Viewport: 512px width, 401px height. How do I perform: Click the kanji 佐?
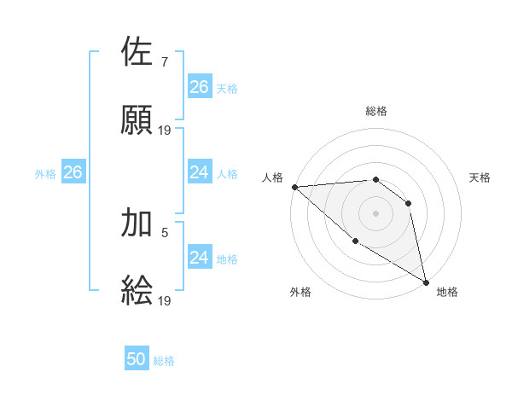coord(137,52)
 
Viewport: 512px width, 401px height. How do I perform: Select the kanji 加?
coord(137,223)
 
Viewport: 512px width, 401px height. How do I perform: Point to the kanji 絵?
coord(137,291)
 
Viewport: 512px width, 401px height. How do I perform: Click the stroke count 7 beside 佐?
coord(164,61)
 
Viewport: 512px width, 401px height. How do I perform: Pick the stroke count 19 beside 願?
coord(166,131)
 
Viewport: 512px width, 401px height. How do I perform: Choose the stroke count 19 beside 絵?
coord(166,300)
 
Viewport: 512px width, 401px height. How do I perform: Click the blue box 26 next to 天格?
coord(199,87)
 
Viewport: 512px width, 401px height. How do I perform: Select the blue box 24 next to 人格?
coord(199,172)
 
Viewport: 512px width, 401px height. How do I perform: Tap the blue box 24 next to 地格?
coord(199,258)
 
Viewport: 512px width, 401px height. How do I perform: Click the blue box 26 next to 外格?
coord(73,172)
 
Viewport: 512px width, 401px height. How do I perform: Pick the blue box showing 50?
coord(137,359)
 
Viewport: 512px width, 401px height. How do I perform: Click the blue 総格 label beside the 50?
coord(164,361)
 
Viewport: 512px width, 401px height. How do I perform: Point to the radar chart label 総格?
coord(376,111)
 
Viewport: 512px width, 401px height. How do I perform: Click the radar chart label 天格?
coord(480,177)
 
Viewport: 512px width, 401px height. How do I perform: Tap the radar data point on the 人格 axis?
coord(294,187)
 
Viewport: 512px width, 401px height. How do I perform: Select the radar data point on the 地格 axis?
coord(426,282)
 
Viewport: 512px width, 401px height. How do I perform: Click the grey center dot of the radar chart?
coord(376,213)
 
